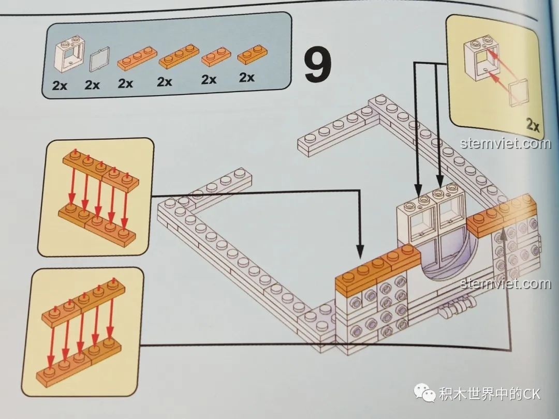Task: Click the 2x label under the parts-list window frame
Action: tap(60, 86)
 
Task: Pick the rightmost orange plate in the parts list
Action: tap(252, 54)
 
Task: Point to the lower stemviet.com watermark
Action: tap(505, 283)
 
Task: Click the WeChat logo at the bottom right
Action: tap(427, 394)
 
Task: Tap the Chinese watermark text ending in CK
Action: tap(490, 394)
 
